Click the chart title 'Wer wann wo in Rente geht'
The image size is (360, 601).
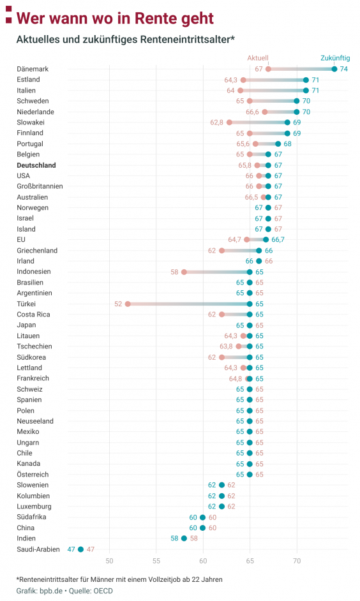pos(114,18)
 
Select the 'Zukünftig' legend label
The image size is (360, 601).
pos(334,58)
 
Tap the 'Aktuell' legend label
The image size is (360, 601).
pos(258,58)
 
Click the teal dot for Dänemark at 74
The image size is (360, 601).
pos(334,69)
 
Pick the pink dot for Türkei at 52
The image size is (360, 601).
pos(128,304)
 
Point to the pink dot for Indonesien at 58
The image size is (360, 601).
pos(184,272)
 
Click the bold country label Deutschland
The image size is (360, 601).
pos(36,165)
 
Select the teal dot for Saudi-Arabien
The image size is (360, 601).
pos(81,549)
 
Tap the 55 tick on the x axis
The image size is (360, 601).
pos(156,561)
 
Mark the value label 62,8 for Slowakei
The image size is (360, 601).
pos(217,122)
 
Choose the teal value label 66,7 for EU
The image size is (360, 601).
pos(278,240)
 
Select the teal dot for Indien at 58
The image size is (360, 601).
pos(184,538)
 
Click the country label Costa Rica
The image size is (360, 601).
pos(34,315)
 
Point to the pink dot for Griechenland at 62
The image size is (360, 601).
pos(222,251)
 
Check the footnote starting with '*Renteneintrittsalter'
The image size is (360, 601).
pos(119,579)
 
